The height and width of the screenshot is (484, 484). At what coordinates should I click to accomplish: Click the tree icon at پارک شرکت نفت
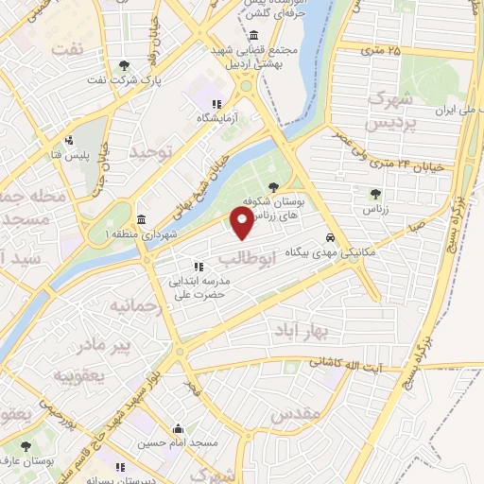(125, 65)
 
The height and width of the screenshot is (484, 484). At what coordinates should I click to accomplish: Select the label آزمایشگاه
(216, 118)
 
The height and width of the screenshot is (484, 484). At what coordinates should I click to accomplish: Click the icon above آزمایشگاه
(216, 104)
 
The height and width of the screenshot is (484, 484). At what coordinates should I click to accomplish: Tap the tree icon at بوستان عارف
(25, 445)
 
